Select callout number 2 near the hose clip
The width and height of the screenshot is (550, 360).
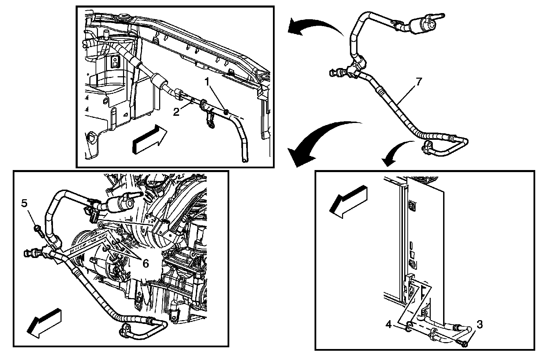point(176,112)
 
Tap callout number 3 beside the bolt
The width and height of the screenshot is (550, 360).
point(480,324)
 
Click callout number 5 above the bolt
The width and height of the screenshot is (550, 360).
point(24,203)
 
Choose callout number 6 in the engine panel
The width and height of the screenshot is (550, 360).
point(145,263)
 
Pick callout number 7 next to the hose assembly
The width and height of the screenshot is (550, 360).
point(418,82)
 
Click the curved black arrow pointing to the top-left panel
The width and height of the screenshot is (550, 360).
point(313,26)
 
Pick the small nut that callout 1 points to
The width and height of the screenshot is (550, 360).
point(226,111)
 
